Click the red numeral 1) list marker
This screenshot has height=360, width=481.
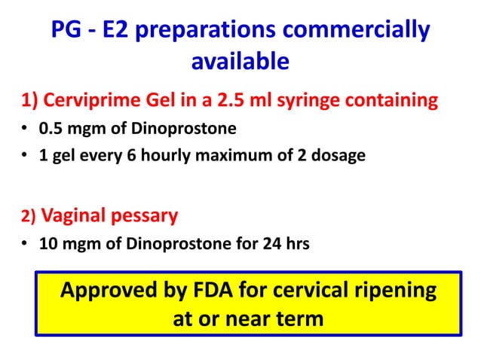[28, 100]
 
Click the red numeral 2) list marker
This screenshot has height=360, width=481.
[28, 218]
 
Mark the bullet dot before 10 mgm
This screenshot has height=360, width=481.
[26, 244]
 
